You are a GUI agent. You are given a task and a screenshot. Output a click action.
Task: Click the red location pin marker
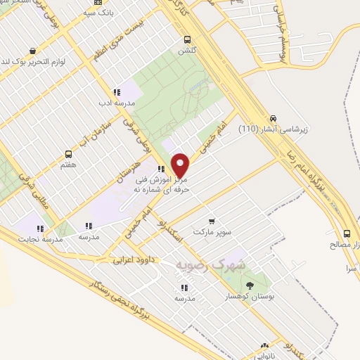pos(181,165)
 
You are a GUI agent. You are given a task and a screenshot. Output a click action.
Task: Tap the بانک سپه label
pos(98,13)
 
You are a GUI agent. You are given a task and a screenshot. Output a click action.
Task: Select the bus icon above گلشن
pos(186,40)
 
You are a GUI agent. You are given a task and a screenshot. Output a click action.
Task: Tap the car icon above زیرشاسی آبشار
pos(273,118)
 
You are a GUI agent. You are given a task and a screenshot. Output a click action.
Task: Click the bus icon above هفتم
pos(68,154)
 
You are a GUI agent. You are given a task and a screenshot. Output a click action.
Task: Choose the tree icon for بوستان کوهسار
pos(250,285)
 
